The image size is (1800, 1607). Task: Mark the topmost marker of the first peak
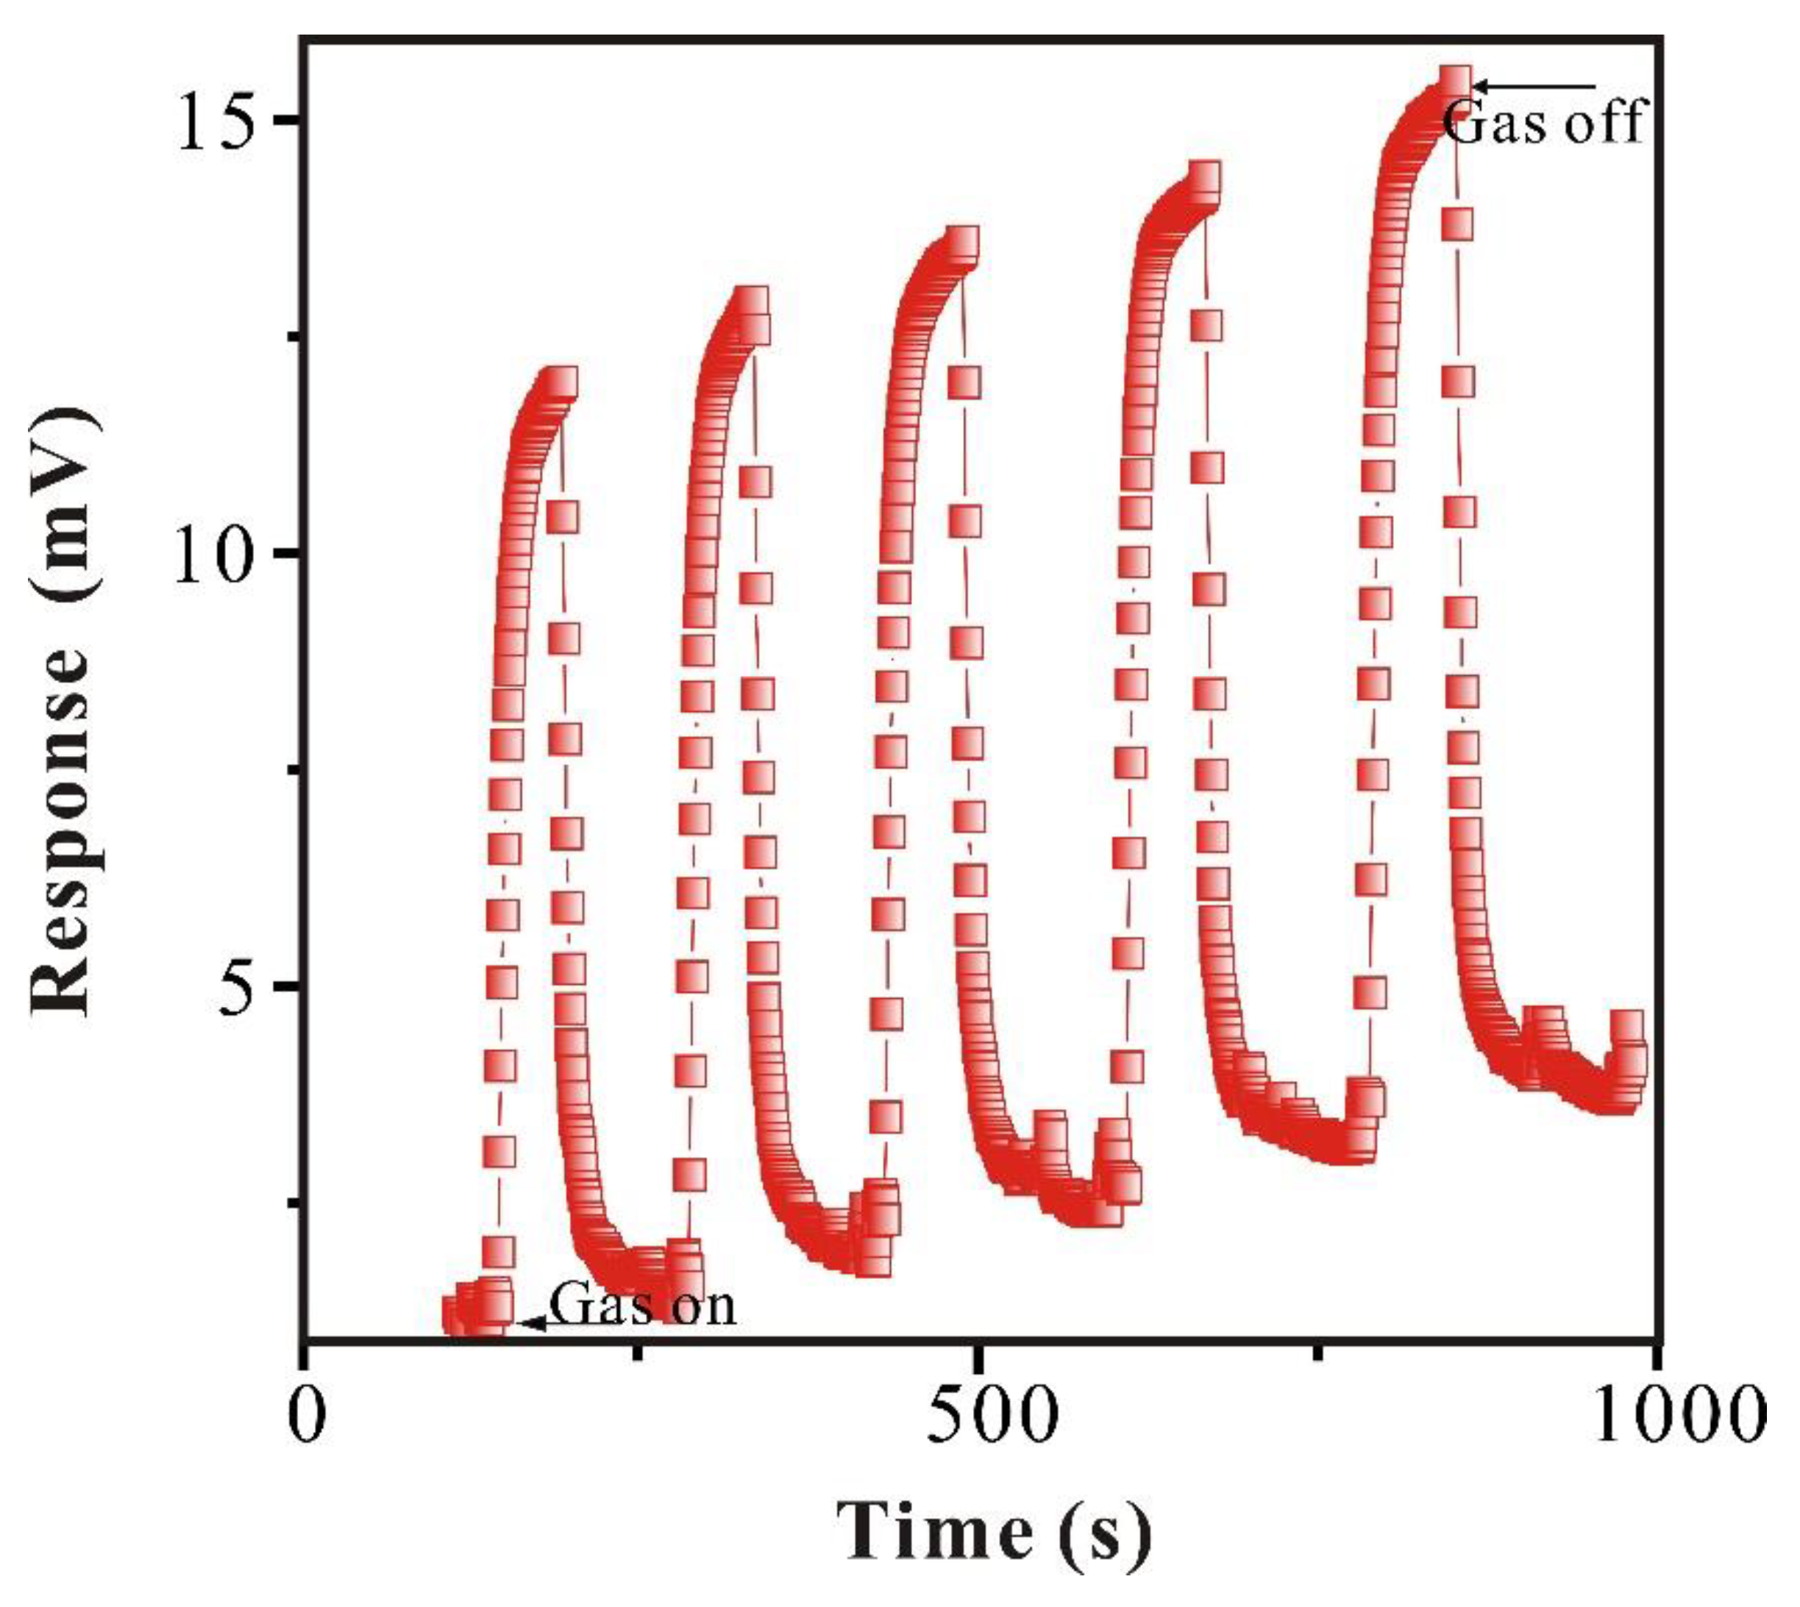click(x=562, y=382)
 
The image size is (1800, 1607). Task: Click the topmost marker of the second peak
click(x=753, y=302)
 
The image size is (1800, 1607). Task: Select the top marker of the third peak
click(x=963, y=242)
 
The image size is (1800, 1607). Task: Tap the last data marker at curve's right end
click(x=1626, y=1027)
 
